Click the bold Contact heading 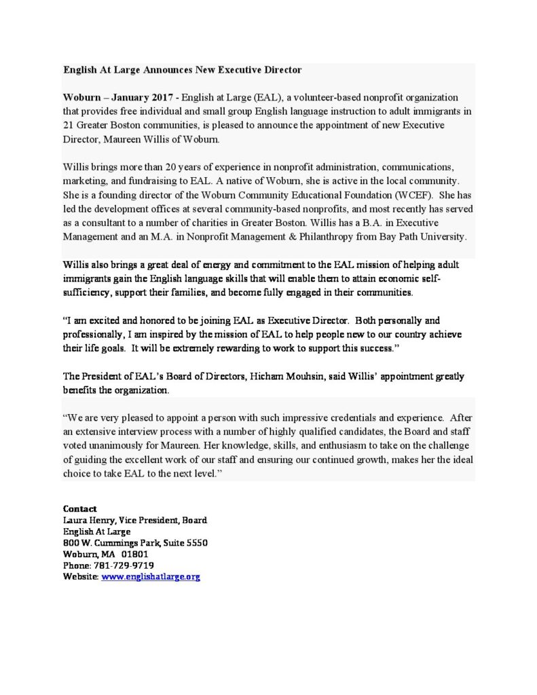(x=79, y=508)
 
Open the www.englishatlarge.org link (x=150, y=576)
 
